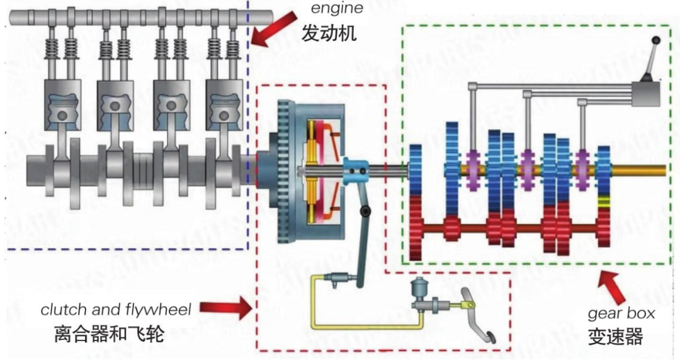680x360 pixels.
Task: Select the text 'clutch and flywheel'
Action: [x=116, y=309]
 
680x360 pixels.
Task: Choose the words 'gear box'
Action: [x=621, y=313]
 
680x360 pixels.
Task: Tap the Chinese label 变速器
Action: [x=616, y=337]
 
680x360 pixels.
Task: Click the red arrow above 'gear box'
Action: [x=613, y=286]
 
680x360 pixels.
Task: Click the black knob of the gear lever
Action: [x=656, y=41]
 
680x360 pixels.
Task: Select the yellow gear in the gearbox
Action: [x=604, y=202]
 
